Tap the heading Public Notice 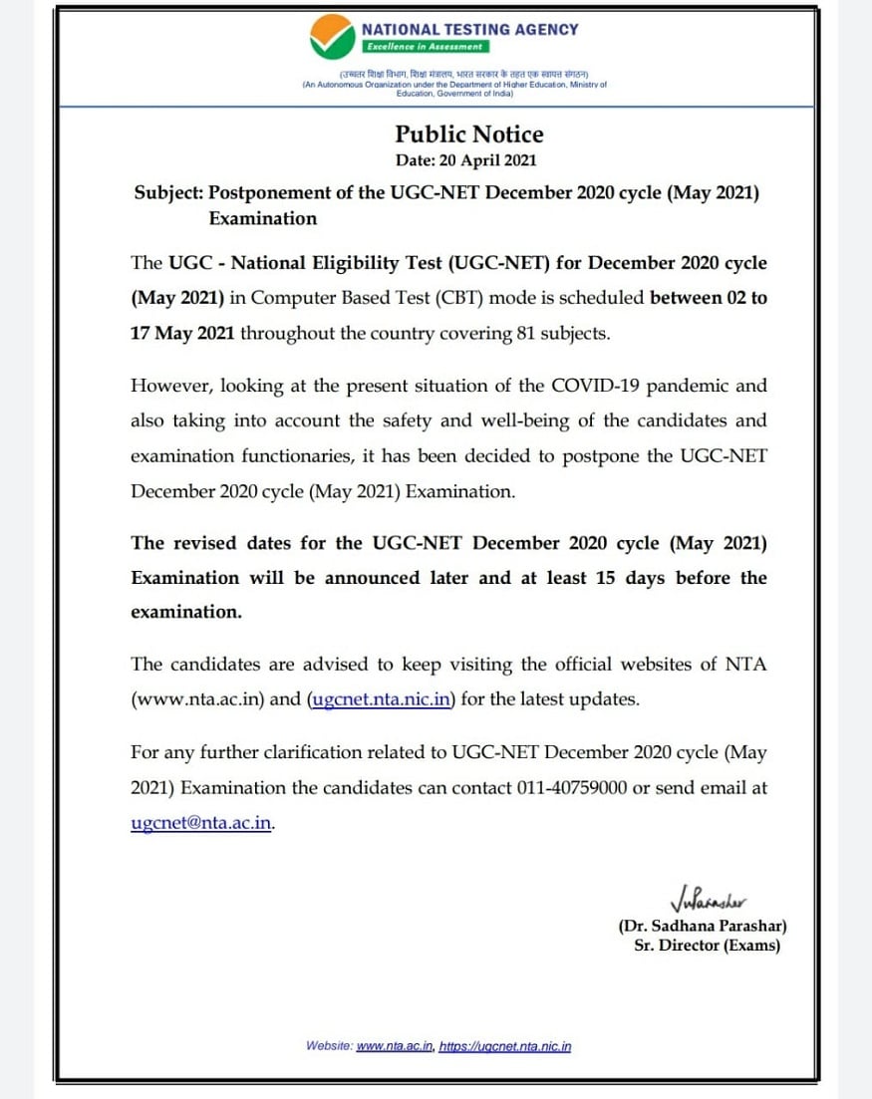469,135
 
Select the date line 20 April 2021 466,160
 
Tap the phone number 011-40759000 572,787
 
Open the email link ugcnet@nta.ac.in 201,823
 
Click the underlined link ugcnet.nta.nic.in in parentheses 381,699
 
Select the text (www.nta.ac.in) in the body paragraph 197,699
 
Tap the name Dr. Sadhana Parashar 702,927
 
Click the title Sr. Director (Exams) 707,946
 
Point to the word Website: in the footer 329,1046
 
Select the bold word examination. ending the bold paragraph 186,612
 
